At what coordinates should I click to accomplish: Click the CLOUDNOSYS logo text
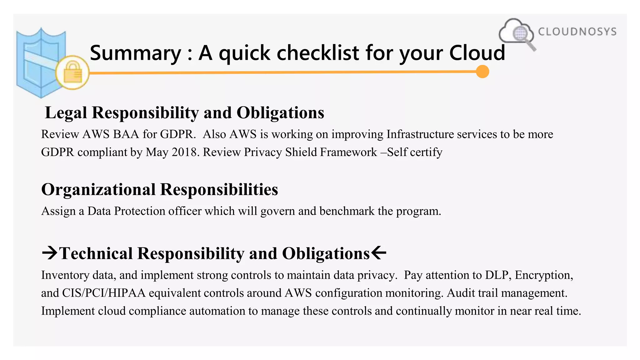pos(577,32)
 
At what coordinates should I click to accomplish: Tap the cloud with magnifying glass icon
pos(516,33)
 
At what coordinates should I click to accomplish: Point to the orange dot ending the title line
pos(482,72)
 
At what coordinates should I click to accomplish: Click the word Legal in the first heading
pos(66,112)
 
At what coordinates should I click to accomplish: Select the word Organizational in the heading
pos(98,190)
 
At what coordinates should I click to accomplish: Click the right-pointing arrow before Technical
pos(50,252)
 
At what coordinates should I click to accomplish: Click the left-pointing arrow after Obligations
pos(379,252)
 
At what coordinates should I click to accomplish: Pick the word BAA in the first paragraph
pos(126,134)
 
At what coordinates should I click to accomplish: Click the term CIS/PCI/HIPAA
pos(104,293)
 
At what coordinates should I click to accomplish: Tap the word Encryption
pos(544,275)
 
